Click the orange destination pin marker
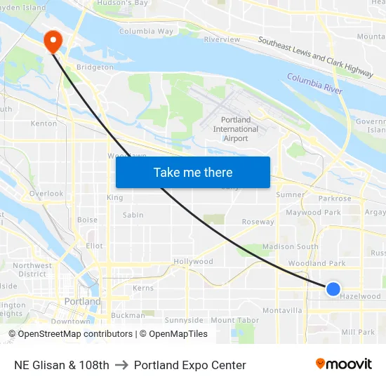[x=53, y=41]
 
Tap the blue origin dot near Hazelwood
[x=333, y=288]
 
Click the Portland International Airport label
[x=236, y=129]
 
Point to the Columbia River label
[x=314, y=84]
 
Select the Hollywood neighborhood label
[x=193, y=262]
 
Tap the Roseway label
[x=258, y=222]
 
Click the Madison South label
[x=290, y=247]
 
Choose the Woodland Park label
[x=317, y=264]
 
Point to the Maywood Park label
[x=313, y=213]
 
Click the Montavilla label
[x=282, y=310]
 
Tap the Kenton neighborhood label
[x=44, y=124]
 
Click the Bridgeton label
[x=95, y=68]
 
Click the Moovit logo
[x=344, y=364]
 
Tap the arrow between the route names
[x=121, y=365]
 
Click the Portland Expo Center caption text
[x=189, y=365]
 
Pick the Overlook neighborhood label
[x=46, y=194]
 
